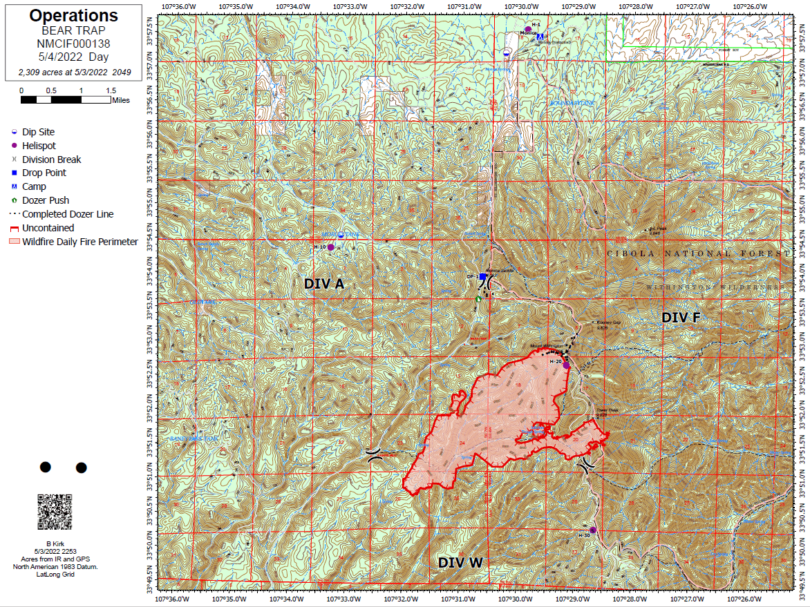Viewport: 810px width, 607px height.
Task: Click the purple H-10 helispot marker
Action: tap(330, 247)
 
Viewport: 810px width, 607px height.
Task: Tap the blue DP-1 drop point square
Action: tap(482, 276)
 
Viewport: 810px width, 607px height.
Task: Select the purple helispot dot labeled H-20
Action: tap(566, 365)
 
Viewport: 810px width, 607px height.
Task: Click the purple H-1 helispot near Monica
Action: tap(527, 29)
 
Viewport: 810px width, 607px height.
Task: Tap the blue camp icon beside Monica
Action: tap(540, 35)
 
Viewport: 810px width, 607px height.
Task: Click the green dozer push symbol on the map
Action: tap(478, 299)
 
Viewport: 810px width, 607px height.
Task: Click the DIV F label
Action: tap(681, 318)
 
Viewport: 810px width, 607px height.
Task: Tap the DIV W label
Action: tap(460, 563)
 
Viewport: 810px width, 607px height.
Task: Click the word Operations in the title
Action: tap(74, 16)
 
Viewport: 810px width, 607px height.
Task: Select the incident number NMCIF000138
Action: tap(74, 44)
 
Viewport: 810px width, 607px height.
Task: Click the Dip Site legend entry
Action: tap(38, 132)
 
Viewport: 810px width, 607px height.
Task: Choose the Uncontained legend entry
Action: tap(48, 228)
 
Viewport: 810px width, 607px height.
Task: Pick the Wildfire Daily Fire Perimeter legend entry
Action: tap(79, 242)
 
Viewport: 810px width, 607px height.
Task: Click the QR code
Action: tap(55, 512)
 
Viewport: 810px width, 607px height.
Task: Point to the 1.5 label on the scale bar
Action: tap(111, 90)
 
